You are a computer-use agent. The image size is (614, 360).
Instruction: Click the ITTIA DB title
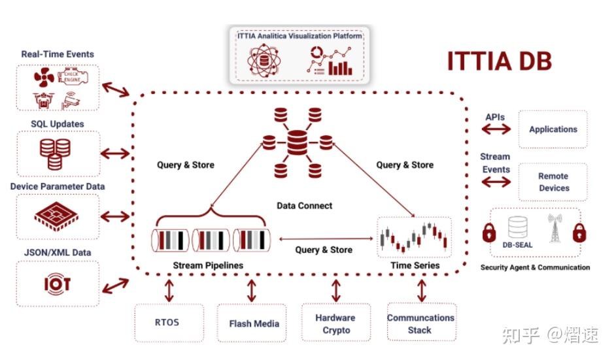(499, 61)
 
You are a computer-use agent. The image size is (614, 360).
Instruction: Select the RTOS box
(166, 322)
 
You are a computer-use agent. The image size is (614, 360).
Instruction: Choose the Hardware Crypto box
(335, 323)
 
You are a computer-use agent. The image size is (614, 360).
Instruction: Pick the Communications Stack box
(420, 323)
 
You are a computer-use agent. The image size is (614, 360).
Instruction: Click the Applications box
(553, 129)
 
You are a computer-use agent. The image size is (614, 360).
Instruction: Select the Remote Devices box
(553, 182)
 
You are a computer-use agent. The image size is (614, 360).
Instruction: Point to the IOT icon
(57, 284)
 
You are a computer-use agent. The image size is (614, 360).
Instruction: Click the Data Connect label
(304, 206)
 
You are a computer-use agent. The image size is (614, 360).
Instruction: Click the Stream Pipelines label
(208, 265)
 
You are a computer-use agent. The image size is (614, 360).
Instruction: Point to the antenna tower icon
(554, 229)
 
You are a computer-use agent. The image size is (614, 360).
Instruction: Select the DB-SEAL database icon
(519, 227)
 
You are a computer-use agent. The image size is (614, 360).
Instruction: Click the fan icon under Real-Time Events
(45, 79)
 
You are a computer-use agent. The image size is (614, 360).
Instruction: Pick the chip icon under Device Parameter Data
(57, 215)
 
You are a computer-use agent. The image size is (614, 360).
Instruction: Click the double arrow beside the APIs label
(496, 129)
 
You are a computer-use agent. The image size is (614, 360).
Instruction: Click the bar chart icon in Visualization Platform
(340, 67)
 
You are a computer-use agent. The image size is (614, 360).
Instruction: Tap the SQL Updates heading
(58, 123)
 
